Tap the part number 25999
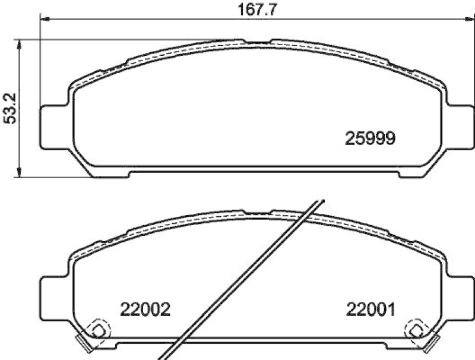coord(370,138)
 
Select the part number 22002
coord(145,310)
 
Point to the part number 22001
coord(370,310)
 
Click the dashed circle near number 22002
coord(97,329)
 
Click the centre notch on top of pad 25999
coord(257,42)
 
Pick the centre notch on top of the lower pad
coord(257,212)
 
